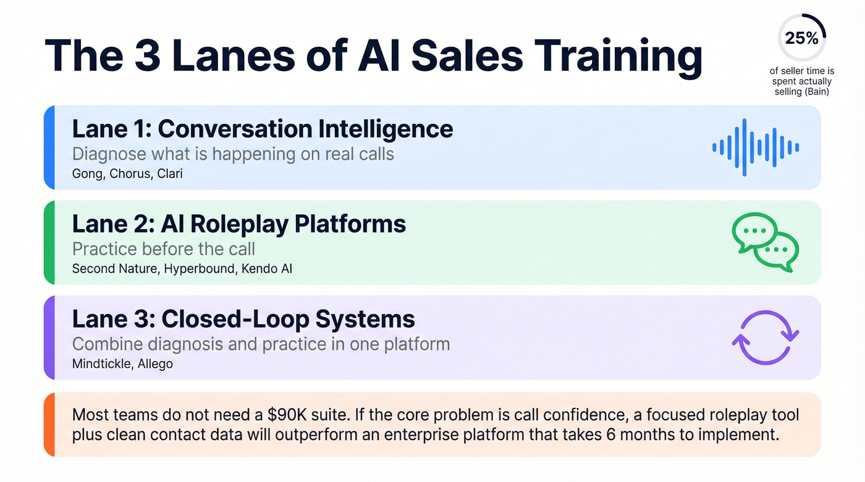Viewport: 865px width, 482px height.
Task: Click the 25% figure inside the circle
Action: [801, 38]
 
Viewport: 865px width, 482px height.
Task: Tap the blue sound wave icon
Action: [755, 148]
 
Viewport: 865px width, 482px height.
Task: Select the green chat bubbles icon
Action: [765, 243]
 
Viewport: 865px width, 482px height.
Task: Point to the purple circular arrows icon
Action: [765, 338]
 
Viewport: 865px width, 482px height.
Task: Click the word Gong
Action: [87, 173]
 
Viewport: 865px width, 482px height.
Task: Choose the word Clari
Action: [170, 173]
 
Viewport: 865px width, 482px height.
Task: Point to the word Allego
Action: [156, 364]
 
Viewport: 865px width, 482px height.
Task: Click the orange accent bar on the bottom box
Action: [49, 424]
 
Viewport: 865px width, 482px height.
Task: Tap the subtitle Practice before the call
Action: [164, 249]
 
